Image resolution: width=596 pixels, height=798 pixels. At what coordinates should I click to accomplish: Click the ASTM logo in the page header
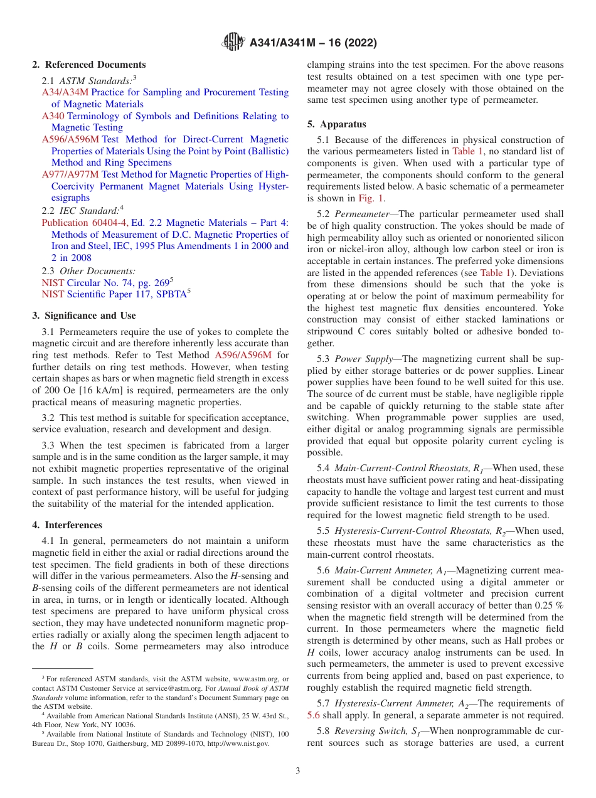234,43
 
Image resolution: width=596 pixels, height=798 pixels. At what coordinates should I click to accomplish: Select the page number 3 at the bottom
298,770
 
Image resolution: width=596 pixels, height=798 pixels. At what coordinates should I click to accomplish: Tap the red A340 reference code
53,116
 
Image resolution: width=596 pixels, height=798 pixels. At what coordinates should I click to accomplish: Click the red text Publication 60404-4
85,223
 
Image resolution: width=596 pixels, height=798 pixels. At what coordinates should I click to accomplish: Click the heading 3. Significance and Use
83,315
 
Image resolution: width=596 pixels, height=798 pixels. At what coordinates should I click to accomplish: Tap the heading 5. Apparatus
337,124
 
